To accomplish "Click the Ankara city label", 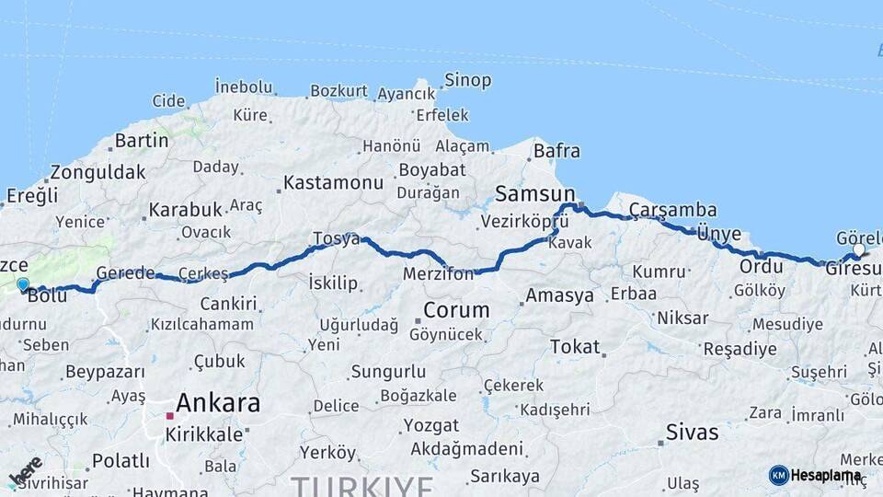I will point(217,403).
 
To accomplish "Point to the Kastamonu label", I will point(333,182).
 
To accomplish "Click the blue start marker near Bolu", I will point(23,285).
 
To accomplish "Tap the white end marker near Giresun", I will point(858,250).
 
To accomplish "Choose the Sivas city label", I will point(692,432).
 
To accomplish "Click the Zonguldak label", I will point(97,172).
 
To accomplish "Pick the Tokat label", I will point(575,347).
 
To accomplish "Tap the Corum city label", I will point(456,309).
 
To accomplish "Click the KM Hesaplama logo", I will point(815,475).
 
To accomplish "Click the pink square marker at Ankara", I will point(169,416).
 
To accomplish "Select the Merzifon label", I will point(438,273).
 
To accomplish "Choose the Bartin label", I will point(142,141).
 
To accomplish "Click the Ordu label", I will point(761,267).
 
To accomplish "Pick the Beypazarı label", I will point(105,373).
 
